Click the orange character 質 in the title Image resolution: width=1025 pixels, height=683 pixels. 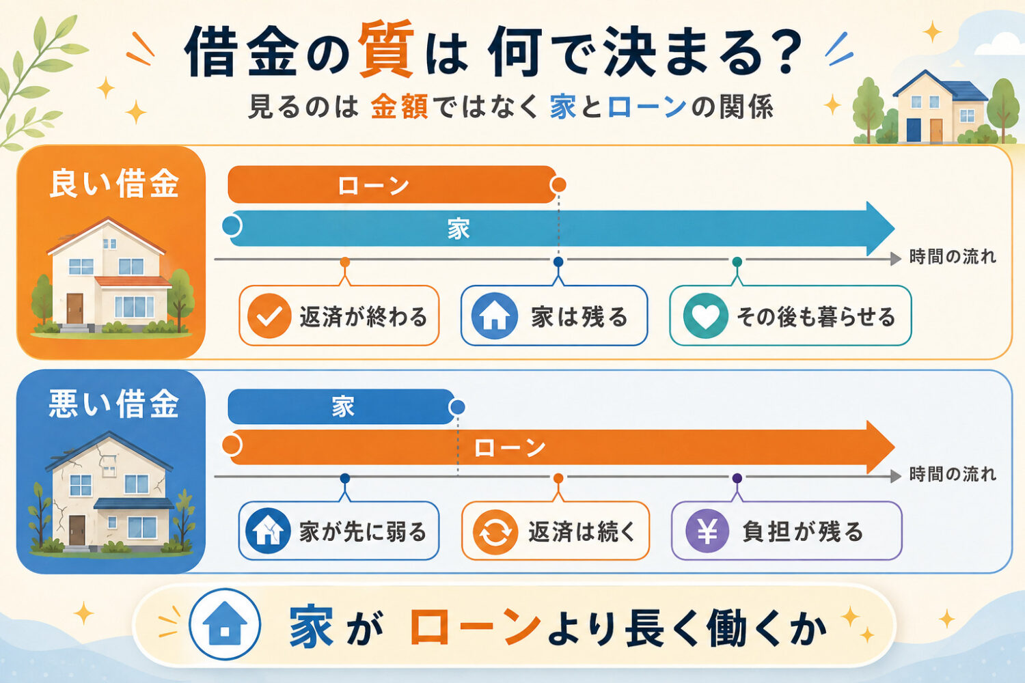point(387,48)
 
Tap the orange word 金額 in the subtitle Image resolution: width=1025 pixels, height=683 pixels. point(400,107)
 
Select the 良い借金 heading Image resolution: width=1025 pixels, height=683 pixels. point(113,183)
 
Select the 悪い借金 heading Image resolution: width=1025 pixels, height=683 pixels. point(113,404)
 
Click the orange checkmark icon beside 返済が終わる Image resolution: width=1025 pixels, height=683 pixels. point(269,316)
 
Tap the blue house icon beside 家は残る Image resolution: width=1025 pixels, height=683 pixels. point(494,316)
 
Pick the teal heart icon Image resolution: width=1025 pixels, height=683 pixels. point(706,316)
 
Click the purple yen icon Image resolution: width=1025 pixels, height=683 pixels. point(707,531)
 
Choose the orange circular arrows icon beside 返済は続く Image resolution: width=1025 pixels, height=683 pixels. point(495,532)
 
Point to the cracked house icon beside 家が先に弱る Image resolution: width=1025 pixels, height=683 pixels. point(268,531)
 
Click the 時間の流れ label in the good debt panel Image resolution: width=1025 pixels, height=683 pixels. point(953,257)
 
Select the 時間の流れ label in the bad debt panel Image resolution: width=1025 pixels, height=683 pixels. point(953,475)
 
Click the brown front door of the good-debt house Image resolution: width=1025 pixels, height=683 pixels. point(74,308)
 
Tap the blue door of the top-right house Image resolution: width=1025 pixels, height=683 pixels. point(913,130)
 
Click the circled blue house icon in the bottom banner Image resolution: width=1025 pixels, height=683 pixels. point(225,624)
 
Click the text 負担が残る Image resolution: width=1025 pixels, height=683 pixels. point(802,531)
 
